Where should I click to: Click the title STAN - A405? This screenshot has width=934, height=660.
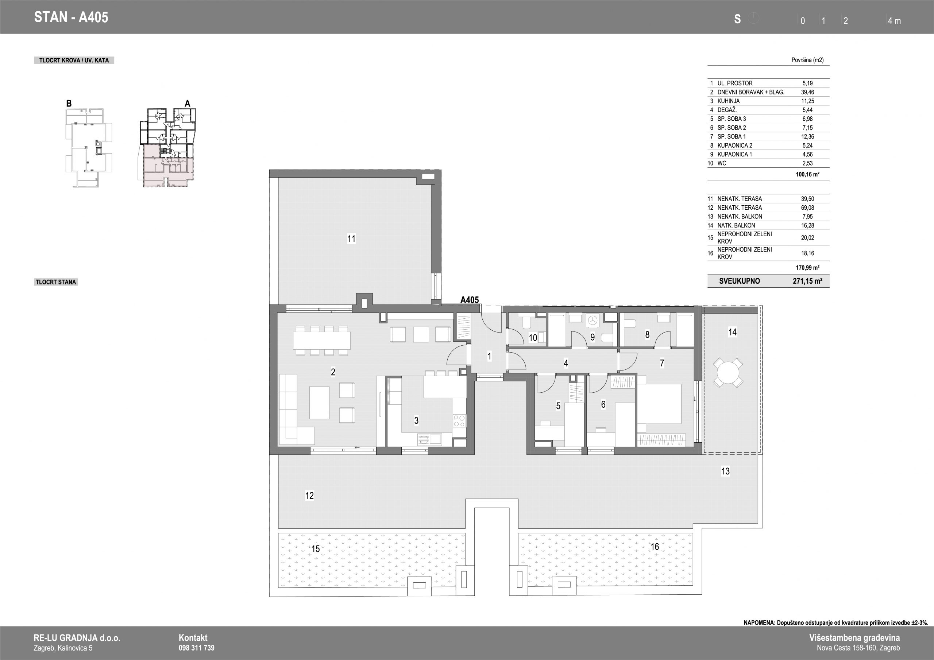[71, 17]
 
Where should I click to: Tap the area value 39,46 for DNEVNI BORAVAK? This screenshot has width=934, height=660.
[807, 92]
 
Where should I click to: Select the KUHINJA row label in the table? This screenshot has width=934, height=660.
[729, 101]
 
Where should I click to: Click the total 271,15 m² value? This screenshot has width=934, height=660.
[807, 281]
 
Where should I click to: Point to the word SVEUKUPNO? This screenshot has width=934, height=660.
[739, 281]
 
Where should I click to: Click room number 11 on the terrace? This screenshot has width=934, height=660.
[351, 239]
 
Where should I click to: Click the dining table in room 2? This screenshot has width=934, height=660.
[322, 340]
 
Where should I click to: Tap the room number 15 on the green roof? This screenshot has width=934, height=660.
[316, 548]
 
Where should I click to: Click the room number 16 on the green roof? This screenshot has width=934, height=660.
[655, 547]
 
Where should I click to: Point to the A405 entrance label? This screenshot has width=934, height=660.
[470, 300]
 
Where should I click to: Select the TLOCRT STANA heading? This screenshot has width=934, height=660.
[56, 282]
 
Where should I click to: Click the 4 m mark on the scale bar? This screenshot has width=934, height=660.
[894, 21]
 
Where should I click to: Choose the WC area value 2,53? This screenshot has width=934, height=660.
[807, 163]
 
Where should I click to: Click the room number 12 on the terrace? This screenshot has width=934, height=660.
[310, 495]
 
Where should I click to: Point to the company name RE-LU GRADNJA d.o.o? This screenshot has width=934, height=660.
[77, 638]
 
